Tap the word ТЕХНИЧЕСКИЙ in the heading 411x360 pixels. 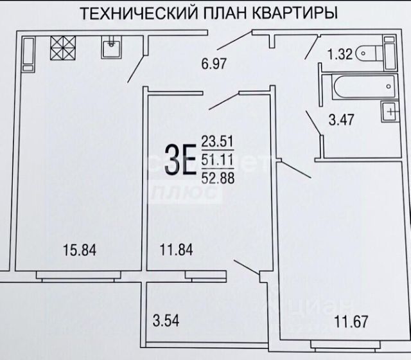(130, 13)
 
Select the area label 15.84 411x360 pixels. (80, 251)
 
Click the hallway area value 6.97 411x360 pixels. (215, 63)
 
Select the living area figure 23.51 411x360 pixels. (217, 141)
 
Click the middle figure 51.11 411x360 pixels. (217, 159)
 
